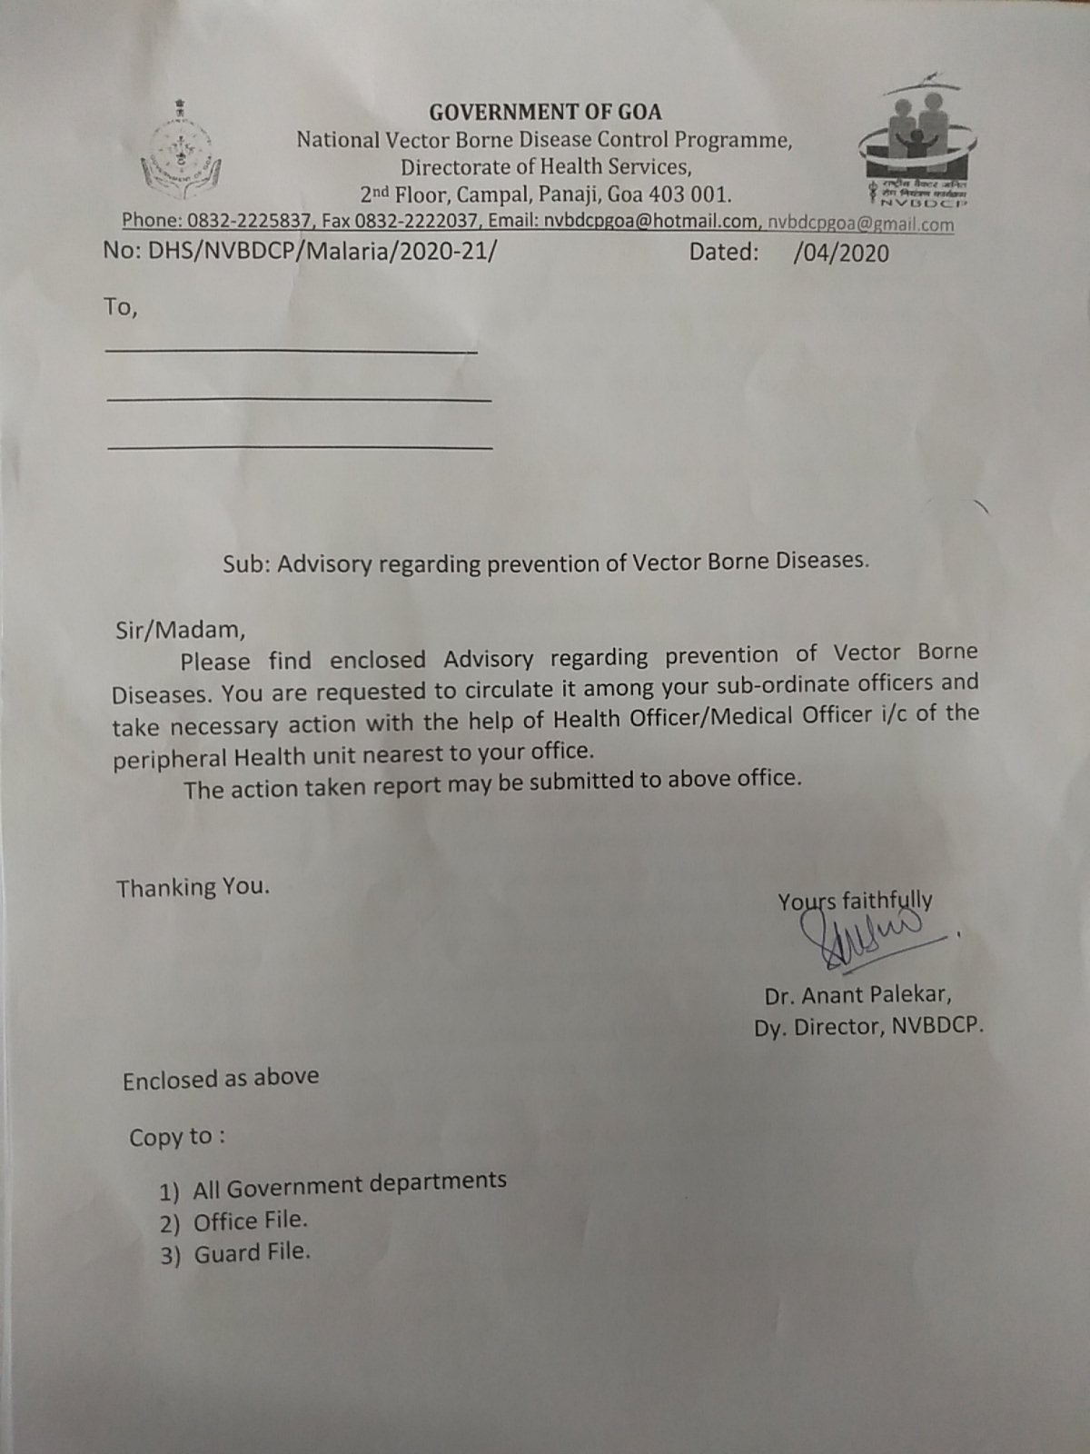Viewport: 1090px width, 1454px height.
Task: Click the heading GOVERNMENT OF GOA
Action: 545,113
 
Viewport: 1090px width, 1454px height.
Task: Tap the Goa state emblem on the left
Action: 180,150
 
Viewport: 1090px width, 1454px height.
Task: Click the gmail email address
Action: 860,224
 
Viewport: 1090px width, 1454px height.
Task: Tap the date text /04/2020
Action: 840,253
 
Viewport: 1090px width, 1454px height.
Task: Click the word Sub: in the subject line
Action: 247,564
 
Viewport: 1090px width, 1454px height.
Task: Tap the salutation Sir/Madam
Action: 180,629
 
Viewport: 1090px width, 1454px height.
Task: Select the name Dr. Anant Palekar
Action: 857,995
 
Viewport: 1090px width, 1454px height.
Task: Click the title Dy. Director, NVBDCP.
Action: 868,1027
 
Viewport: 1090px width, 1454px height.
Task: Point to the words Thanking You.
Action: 193,887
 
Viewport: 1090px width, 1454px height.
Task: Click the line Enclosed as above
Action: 221,1079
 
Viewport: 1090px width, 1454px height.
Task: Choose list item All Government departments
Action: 349,1184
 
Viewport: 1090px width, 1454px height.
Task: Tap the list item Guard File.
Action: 252,1253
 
